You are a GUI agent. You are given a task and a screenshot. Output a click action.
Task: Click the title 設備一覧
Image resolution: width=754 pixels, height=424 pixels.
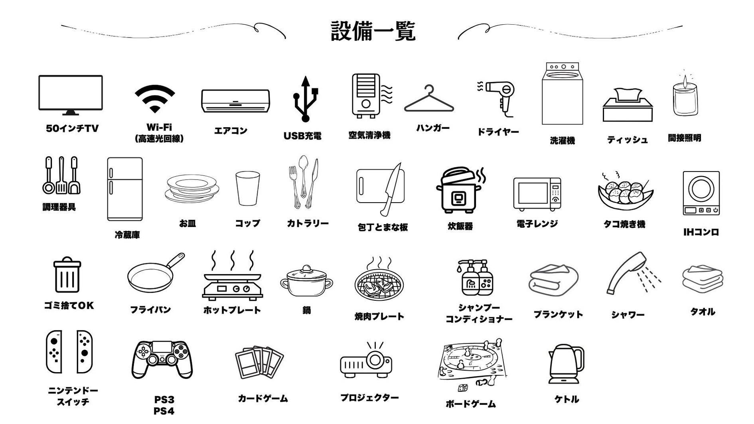click(x=373, y=31)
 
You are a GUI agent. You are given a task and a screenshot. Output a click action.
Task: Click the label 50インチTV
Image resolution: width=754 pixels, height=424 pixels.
click(x=72, y=128)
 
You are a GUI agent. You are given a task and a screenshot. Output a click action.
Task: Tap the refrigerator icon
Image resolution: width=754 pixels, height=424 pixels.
click(x=125, y=189)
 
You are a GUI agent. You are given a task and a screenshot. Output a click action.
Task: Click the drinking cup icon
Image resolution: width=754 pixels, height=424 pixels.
click(x=247, y=188)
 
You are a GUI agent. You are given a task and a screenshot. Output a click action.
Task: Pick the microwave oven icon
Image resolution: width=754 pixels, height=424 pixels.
click(x=537, y=194)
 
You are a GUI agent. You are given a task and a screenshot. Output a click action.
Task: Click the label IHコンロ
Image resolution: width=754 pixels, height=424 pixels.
click(x=701, y=232)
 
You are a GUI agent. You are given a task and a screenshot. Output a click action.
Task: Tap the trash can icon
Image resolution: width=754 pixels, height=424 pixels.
click(x=67, y=275)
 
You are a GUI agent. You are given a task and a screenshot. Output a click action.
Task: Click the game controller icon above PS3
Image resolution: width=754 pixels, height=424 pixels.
click(x=162, y=359)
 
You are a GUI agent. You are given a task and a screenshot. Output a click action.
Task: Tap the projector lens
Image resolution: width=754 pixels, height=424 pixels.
click(x=375, y=360)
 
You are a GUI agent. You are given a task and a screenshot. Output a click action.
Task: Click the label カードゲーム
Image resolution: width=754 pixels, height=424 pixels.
click(x=263, y=398)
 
